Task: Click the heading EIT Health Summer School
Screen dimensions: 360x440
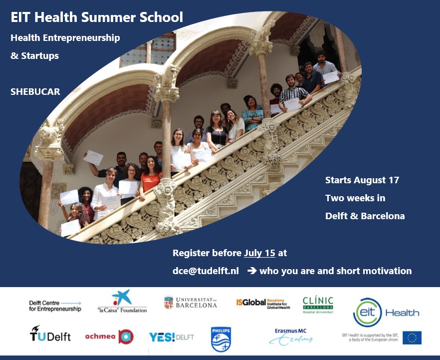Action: click(x=97, y=18)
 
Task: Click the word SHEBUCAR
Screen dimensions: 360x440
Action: click(x=35, y=92)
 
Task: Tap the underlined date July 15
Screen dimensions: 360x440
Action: click(x=259, y=253)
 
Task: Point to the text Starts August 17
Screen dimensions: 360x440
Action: click(x=362, y=180)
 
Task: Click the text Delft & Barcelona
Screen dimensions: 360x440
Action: click(x=365, y=216)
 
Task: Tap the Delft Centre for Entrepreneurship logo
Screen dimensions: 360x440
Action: click(x=55, y=306)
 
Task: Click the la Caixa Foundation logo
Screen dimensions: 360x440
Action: click(x=122, y=303)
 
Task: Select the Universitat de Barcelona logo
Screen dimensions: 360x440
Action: click(x=191, y=303)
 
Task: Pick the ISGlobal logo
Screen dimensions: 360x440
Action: click(x=263, y=303)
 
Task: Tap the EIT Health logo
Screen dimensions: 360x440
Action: click(x=386, y=312)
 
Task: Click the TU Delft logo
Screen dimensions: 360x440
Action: click(x=50, y=335)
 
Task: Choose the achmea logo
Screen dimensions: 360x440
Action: click(x=109, y=336)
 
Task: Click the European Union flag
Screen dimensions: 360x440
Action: click(x=412, y=338)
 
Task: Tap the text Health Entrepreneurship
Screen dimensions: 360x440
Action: click(x=65, y=37)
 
